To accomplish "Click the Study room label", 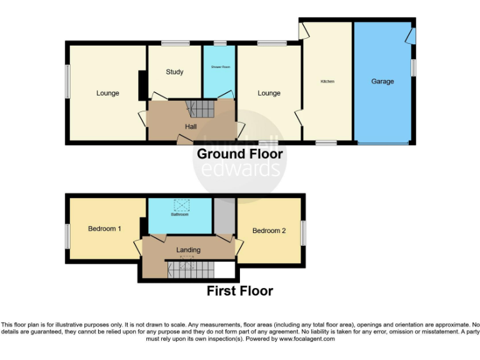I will (x=174, y=72).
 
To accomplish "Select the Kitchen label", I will (x=327, y=82).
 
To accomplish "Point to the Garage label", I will (x=382, y=81).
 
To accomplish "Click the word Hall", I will (x=191, y=127).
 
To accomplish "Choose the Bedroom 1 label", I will (x=104, y=229).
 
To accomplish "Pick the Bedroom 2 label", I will (x=269, y=231).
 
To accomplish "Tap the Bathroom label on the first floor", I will (x=179, y=214).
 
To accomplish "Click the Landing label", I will (x=188, y=250).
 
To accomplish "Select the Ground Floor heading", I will (x=240, y=154).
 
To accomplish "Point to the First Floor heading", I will (x=240, y=291).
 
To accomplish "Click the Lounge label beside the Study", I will (x=107, y=93).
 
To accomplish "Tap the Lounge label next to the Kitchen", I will (x=269, y=93).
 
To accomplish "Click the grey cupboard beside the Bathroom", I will (x=223, y=216).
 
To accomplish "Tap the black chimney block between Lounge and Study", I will (x=142, y=85).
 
